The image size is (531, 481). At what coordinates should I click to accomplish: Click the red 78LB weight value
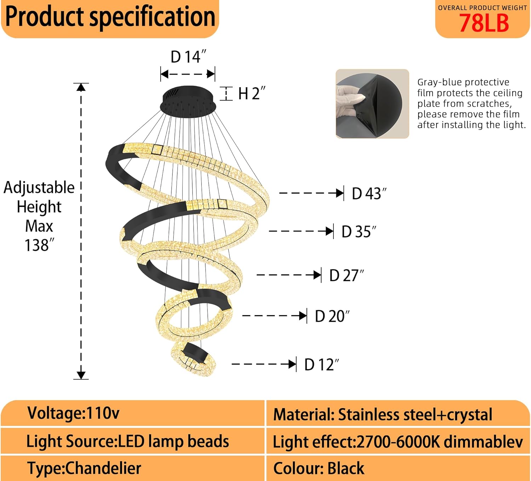[484, 23]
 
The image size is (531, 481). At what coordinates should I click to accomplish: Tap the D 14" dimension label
[188, 57]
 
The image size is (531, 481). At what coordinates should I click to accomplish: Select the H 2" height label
[251, 94]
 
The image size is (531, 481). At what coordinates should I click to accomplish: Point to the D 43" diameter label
[369, 194]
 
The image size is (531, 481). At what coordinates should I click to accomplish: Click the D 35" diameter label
[359, 232]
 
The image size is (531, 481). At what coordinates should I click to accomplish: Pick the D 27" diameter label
[346, 276]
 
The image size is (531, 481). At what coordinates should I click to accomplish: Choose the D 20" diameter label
[332, 316]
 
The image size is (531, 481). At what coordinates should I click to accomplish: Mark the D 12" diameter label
[321, 364]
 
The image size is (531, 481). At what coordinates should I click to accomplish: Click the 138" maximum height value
[39, 245]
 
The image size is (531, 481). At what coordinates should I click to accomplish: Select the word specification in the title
[152, 17]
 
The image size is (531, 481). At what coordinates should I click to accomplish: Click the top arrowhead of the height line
[81, 87]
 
